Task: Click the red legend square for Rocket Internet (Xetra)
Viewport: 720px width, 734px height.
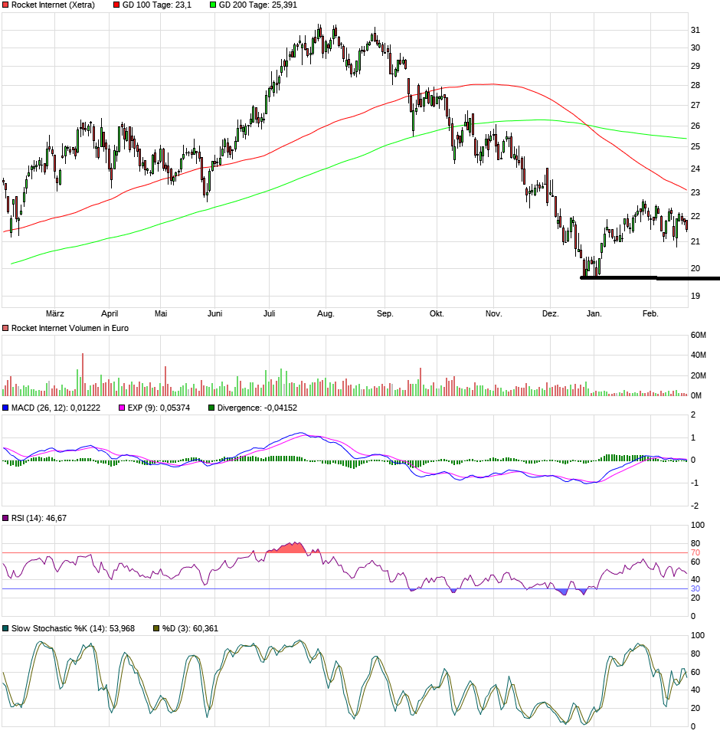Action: coord(6,5)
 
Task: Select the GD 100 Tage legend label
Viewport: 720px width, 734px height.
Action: coord(156,5)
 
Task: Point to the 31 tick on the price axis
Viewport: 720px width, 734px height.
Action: coord(696,30)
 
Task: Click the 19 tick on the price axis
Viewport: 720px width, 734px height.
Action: coord(696,296)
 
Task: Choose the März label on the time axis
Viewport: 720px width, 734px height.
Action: coord(54,313)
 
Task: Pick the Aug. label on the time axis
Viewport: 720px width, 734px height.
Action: coord(326,313)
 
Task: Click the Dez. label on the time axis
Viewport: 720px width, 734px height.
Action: coord(550,313)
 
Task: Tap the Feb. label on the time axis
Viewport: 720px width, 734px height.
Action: coord(650,313)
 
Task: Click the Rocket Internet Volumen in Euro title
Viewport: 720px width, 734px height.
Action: coord(70,328)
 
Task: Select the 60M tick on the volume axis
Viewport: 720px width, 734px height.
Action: coord(698,335)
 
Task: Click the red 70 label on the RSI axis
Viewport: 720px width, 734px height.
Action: coord(695,552)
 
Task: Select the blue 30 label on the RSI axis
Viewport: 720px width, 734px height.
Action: coord(695,588)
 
